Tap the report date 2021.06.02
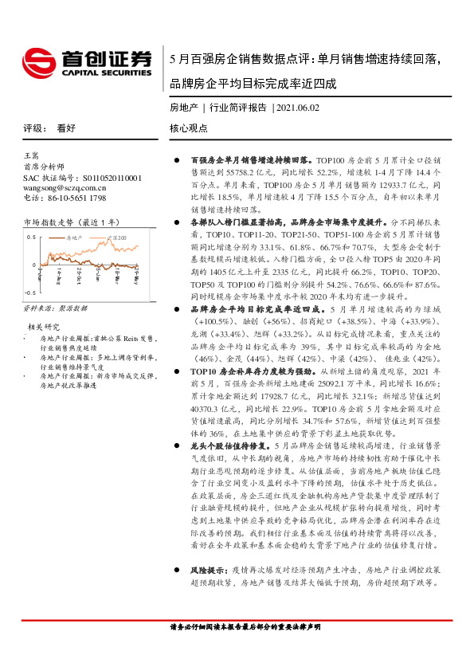pos(298,107)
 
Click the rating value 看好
pos(66,128)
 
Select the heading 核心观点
pos(186,128)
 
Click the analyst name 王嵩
pos(30,158)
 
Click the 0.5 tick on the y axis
pos(31,237)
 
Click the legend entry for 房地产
pos(75,237)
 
